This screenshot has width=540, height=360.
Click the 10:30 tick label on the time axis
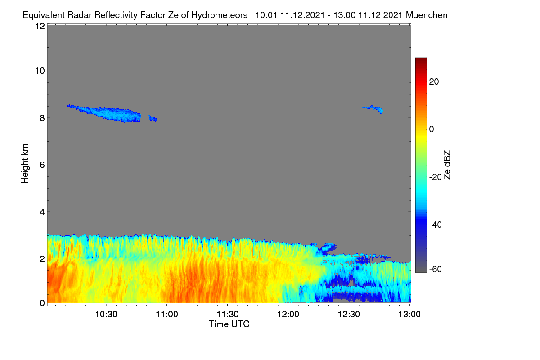click(x=106, y=315)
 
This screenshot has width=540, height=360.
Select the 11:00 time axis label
click(x=167, y=315)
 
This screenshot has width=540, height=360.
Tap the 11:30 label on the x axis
click(x=228, y=315)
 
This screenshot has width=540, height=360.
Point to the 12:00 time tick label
click(x=288, y=315)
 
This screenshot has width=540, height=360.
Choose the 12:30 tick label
click(x=349, y=315)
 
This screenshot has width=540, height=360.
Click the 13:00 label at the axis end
click(x=409, y=315)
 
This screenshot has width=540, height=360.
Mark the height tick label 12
click(x=40, y=26)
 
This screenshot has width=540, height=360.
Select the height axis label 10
click(x=40, y=71)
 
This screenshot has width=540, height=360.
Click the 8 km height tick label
click(x=42, y=118)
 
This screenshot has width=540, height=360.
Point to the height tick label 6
click(x=42, y=165)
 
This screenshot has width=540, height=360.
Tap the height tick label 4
click(x=42, y=212)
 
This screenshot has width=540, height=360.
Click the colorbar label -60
click(x=436, y=269)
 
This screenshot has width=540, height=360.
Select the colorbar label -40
click(x=436, y=225)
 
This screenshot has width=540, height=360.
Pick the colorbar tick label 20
click(x=434, y=82)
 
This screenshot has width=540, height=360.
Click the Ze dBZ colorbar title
click(x=447, y=165)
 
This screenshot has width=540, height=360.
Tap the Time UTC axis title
click(x=229, y=324)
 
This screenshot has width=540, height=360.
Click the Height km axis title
click(x=25, y=164)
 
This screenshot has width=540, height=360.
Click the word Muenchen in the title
click(x=427, y=15)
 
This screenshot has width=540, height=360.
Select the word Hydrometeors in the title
click(x=220, y=15)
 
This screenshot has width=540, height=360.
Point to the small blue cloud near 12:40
click(x=373, y=108)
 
